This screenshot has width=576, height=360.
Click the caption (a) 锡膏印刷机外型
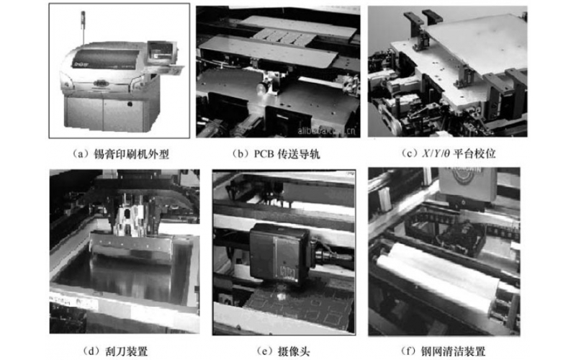[x=120, y=154]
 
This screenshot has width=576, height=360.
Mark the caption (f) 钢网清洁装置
[x=444, y=351]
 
